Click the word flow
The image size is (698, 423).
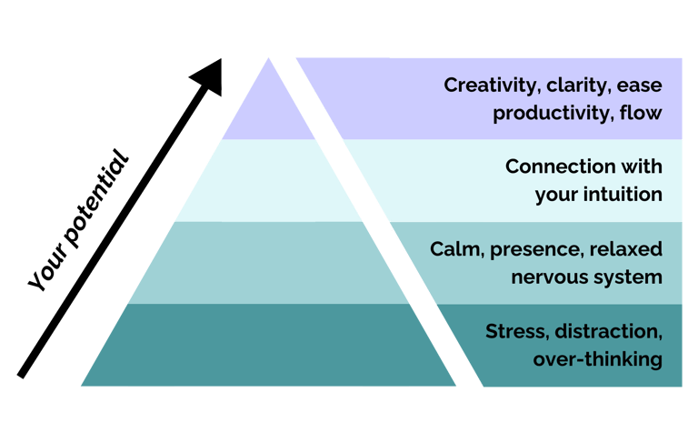coord(640,114)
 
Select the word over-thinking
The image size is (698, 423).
coord(597,359)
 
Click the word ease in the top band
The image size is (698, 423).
coord(640,86)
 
